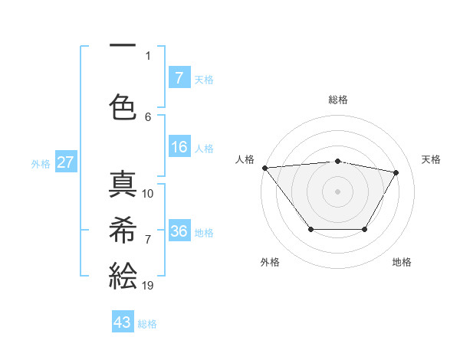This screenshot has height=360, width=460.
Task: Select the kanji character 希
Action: [x=123, y=228]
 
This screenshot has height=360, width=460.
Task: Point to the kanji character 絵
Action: [x=123, y=274]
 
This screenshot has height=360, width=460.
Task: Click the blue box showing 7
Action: [x=179, y=78]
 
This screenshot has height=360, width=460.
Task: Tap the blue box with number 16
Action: [x=179, y=147]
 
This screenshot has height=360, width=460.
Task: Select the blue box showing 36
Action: [x=179, y=231]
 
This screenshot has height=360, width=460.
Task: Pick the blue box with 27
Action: [x=66, y=162]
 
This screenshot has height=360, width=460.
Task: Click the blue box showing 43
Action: [x=123, y=322]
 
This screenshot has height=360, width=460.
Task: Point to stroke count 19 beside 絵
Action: [x=148, y=286]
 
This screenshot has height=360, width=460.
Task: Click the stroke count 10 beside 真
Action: [x=148, y=194]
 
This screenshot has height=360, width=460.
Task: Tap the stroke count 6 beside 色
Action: [x=148, y=116]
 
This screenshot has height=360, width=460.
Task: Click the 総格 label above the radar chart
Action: [x=338, y=100]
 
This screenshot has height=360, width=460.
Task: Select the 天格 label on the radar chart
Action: [x=432, y=159]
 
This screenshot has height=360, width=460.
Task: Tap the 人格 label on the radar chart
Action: [x=245, y=159]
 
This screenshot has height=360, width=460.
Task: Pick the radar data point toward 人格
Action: [x=264, y=168]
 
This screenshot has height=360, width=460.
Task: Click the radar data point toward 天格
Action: [x=396, y=172]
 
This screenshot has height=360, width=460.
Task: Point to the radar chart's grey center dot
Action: [x=337, y=191]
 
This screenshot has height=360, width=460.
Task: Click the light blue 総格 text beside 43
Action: [x=148, y=324]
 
